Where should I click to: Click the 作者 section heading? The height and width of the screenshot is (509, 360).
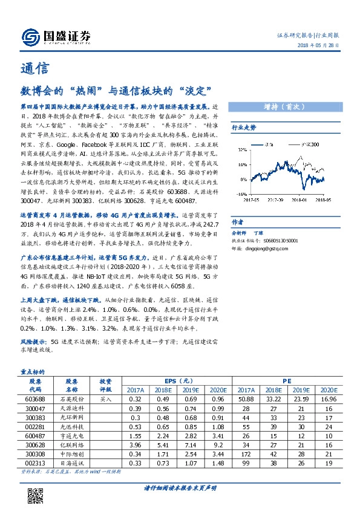tap(238, 221)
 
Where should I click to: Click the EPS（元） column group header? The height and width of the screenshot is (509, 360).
tap(178, 381)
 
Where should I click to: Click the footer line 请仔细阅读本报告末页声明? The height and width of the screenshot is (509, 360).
tap(180, 488)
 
